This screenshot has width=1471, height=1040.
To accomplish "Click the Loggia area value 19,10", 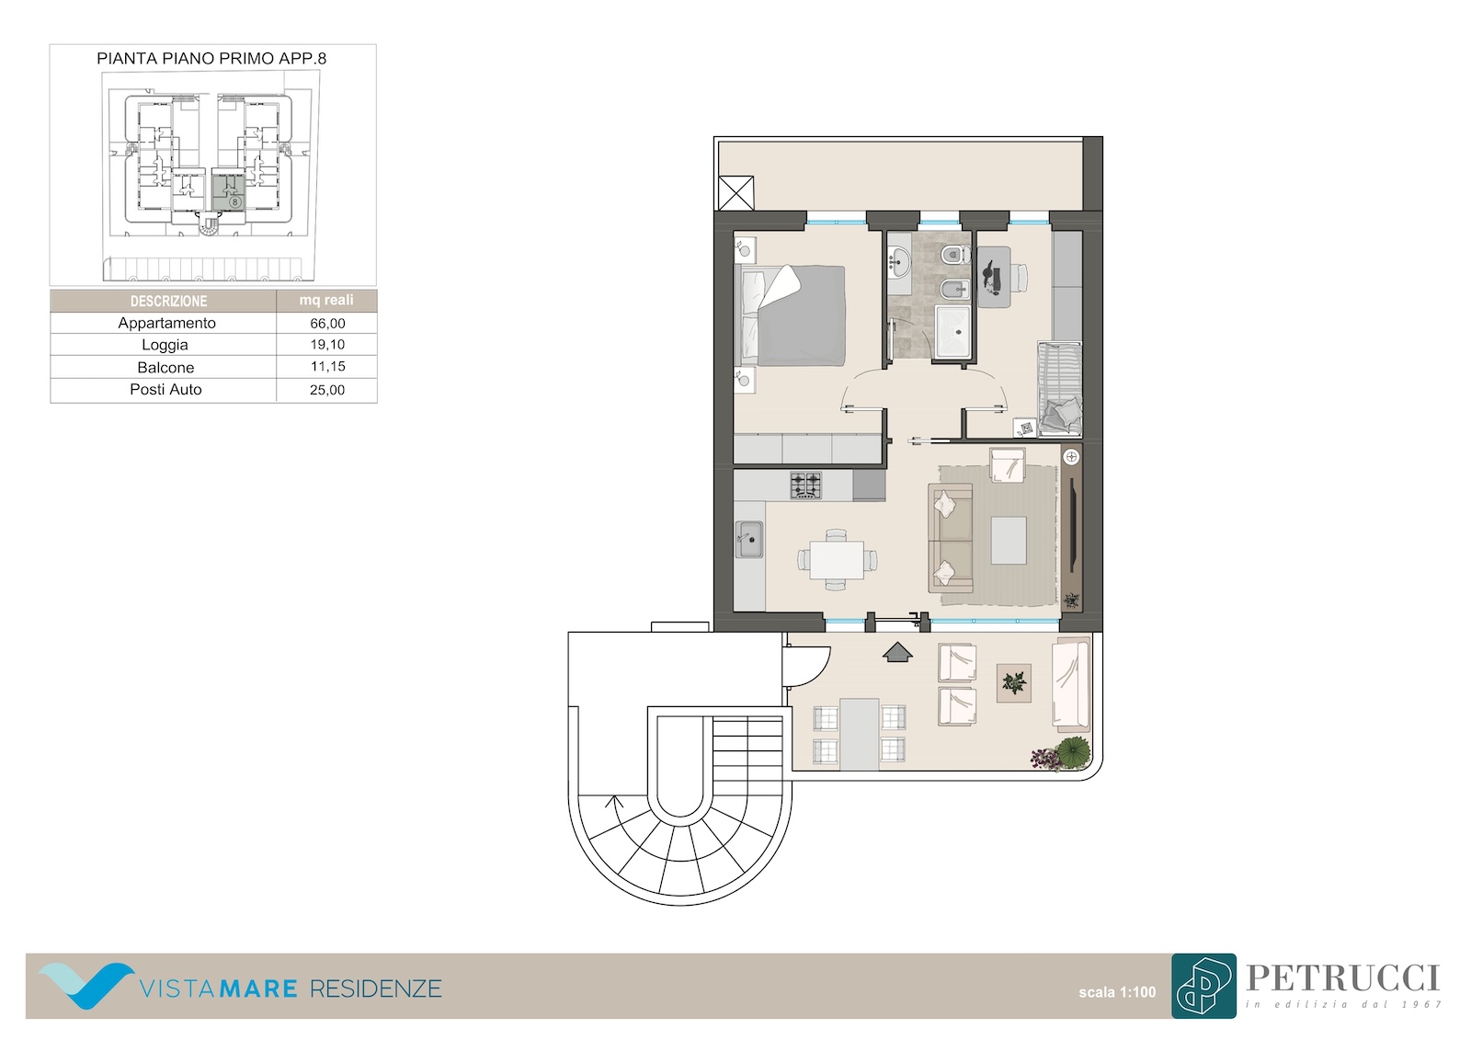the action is [x=327, y=344].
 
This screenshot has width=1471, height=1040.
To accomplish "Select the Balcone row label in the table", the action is [x=165, y=367].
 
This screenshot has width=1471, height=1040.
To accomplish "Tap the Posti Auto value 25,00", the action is [x=327, y=390].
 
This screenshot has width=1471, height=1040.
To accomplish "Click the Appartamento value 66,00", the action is [x=327, y=324].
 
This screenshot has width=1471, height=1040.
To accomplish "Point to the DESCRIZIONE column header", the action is [x=168, y=301].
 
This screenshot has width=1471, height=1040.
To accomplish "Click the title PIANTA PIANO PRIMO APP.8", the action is [x=211, y=59].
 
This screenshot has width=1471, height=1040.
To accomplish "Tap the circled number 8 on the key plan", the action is [x=234, y=202].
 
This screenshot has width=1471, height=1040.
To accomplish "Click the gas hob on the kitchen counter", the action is [x=805, y=486].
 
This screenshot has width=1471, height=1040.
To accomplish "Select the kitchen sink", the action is [x=748, y=540].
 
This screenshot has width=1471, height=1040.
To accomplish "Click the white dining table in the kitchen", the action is [x=837, y=560].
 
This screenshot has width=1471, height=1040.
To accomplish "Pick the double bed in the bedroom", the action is [x=792, y=315].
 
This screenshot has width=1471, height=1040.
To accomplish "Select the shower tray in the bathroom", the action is [x=952, y=331].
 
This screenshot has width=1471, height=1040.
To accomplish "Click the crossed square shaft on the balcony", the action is [x=736, y=193].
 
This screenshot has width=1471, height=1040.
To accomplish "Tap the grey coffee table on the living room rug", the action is [x=1009, y=540].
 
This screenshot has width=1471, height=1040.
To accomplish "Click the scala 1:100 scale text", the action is [x=1117, y=991].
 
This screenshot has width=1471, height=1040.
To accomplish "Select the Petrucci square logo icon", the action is [x=1203, y=986].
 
